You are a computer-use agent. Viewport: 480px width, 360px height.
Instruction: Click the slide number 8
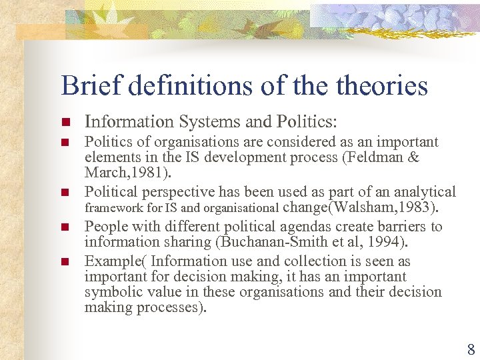tap(471, 349)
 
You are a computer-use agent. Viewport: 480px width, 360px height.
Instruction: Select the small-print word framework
tap(110, 209)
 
